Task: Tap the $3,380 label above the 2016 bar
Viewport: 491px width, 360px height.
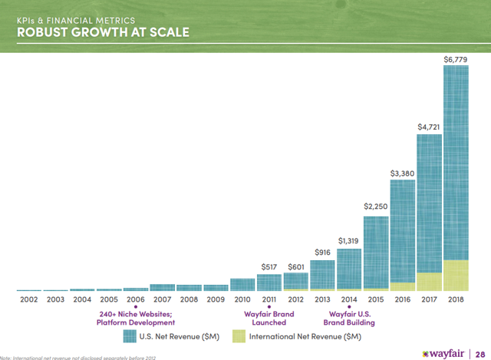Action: point(402,173)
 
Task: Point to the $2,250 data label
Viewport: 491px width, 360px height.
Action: point(376,206)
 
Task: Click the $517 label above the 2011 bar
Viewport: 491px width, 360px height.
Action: point(269,266)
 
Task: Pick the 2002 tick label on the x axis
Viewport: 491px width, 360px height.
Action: point(28,299)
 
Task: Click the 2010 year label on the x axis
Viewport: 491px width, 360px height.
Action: point(242,299)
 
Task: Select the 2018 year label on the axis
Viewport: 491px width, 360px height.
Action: point(456,299)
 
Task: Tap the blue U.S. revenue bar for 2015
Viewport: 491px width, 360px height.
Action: point(375,249)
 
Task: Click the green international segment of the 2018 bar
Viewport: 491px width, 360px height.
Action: point(456,275)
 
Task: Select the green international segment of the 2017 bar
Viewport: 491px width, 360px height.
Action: point(429,282)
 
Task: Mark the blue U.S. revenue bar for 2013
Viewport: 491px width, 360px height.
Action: point(322,273)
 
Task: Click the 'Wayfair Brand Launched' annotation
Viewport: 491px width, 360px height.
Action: point(269,318)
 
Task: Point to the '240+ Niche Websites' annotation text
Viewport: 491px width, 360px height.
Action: point(135,313)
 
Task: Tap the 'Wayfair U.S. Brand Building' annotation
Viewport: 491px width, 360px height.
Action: point(349,318)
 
